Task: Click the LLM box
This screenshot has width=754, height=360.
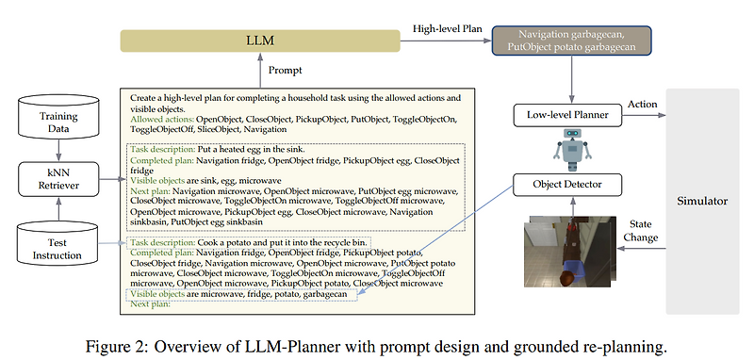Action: (254, 41)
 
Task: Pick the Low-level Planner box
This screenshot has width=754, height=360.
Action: (567, 116)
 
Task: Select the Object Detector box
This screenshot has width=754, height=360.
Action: (567, 184)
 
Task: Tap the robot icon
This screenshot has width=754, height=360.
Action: (567, 150)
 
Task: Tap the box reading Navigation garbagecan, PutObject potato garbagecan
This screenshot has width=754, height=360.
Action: (571, 41)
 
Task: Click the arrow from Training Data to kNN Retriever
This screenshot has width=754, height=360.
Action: (57, 149)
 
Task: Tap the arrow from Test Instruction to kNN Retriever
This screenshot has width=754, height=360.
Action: (57, 212)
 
